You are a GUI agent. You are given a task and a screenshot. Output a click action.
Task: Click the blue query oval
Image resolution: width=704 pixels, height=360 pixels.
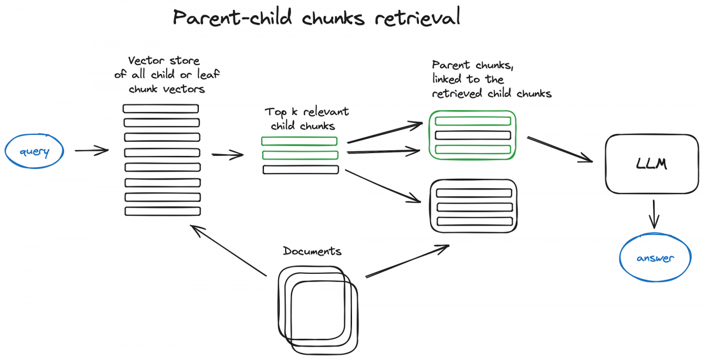(x=34, y=152)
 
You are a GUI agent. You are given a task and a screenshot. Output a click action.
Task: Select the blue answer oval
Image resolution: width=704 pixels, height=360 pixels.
(x=655, y=258)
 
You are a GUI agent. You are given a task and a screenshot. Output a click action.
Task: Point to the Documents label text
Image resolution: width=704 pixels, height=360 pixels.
(x=312, y=252)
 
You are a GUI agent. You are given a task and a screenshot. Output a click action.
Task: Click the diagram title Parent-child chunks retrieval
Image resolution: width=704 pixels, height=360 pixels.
(x=316, y=18)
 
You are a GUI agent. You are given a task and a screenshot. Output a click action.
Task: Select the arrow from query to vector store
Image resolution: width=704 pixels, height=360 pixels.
(x=92, y=151)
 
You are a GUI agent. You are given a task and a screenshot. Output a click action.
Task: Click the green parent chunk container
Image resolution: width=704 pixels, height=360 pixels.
(x=473, y=135)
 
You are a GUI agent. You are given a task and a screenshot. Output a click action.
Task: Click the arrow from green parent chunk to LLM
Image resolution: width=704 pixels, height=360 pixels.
(x=560, y=149)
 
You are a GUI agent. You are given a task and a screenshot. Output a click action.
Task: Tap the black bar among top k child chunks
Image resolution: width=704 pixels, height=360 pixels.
(x=300, y=169)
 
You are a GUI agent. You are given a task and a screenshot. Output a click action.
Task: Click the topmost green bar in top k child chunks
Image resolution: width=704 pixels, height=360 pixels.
(x=299, y=141)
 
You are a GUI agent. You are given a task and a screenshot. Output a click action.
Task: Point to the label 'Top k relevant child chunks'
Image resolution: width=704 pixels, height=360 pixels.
(x=306, y=118)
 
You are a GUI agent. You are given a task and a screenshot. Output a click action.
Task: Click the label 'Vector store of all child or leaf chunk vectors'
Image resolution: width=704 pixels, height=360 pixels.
(x=164, y=75)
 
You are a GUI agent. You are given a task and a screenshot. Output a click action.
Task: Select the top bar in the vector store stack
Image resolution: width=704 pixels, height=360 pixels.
(x=161, y=108)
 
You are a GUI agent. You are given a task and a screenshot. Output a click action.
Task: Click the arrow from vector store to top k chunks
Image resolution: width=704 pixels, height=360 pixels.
(x=227, y=155)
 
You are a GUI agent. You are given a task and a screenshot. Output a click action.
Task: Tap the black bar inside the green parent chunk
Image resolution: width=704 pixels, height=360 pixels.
(x=473, y=135)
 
